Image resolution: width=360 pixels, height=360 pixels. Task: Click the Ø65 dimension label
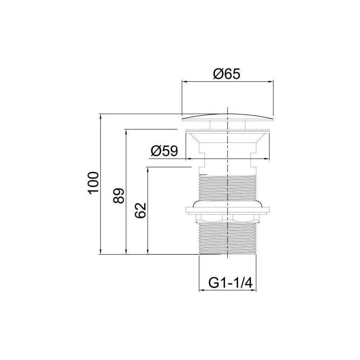[226, 74]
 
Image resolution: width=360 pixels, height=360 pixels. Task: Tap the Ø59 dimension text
[165, 151]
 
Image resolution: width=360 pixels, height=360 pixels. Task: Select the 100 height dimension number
[94, 183]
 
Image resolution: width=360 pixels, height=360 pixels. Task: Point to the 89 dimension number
[118, 195]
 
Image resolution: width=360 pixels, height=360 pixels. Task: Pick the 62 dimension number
[140, 210]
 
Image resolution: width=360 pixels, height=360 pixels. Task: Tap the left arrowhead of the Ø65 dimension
[184, 81]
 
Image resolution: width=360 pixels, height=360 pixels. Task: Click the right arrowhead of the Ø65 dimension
[271, 81]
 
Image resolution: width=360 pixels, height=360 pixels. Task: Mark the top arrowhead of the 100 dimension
[100, 116]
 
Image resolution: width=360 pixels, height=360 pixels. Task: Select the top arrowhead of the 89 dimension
[126, 132]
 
